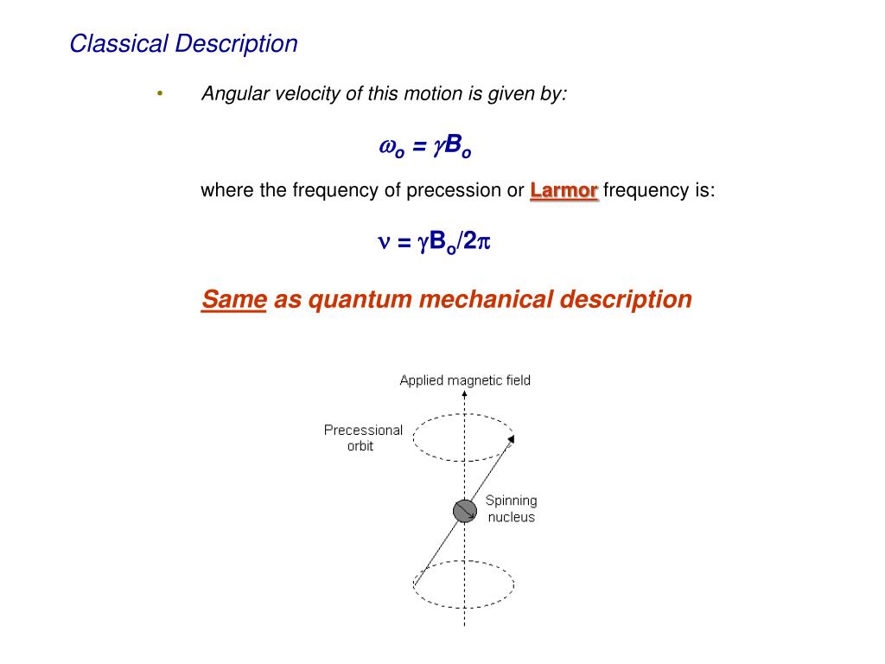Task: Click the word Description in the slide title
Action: click(236, 43)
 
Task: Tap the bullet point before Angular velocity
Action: click(159, 93)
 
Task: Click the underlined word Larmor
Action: click(563, 190)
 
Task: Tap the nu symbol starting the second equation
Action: click(384, 243)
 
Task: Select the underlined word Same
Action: click(233, 299)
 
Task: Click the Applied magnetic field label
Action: click(465, 380)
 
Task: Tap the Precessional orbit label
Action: click(363, 437)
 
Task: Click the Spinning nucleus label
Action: click(511, 508)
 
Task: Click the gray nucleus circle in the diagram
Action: click(465, 511)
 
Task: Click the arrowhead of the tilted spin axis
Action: click(511, 441)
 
